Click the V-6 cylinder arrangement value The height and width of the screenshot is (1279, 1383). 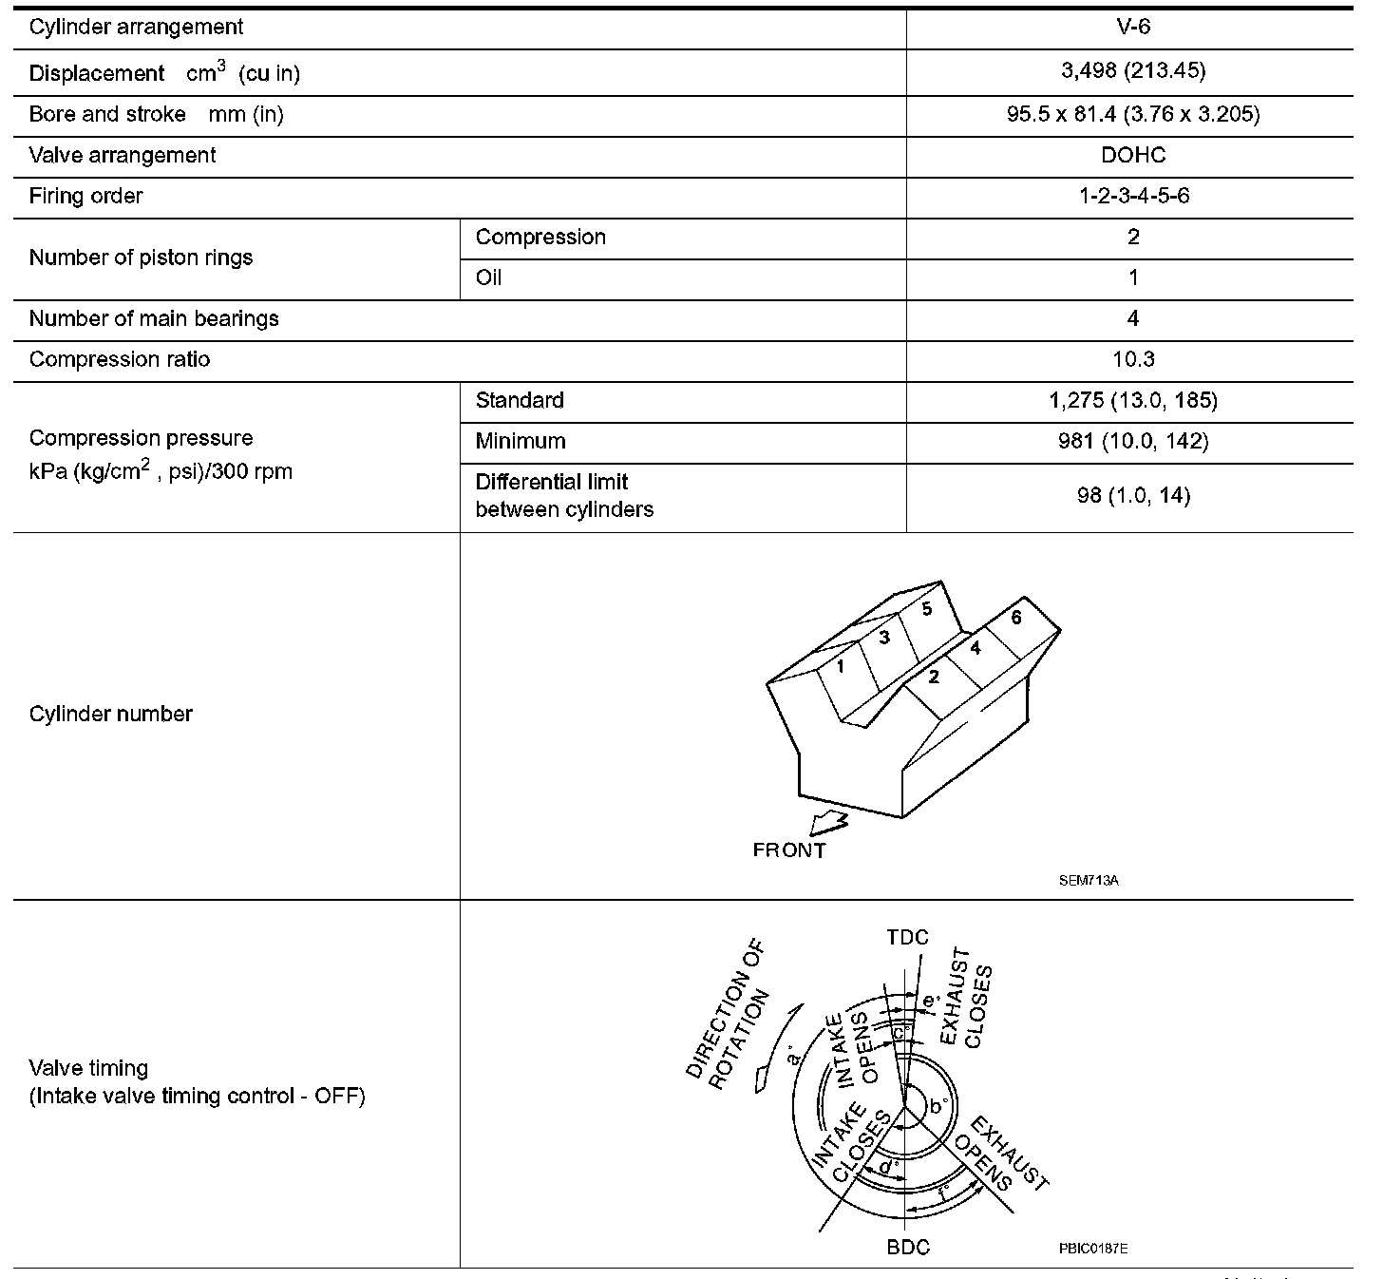1132,27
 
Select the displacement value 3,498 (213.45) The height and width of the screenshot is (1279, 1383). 1132,71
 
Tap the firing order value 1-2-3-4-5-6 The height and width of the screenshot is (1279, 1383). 1132,196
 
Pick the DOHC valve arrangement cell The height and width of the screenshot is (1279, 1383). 1132,155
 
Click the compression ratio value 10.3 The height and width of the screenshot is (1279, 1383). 1132,359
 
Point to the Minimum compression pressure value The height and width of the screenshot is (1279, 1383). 1132,441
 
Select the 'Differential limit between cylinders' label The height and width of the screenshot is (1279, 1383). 564,495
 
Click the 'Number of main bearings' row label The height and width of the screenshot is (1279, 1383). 154,318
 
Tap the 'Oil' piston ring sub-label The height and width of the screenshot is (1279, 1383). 488,277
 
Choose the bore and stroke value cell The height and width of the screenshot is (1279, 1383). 1132,114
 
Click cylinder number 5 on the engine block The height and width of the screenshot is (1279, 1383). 926,609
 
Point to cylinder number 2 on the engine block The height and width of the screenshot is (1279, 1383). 934,677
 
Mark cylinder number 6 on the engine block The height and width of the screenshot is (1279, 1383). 1015,618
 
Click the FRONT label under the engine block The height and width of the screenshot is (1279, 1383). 788,850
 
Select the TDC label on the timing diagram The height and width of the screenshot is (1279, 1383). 907,938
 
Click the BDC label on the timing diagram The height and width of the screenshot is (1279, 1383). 907,1247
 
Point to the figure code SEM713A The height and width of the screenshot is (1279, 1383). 1089,881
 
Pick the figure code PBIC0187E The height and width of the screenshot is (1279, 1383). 1093,1248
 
